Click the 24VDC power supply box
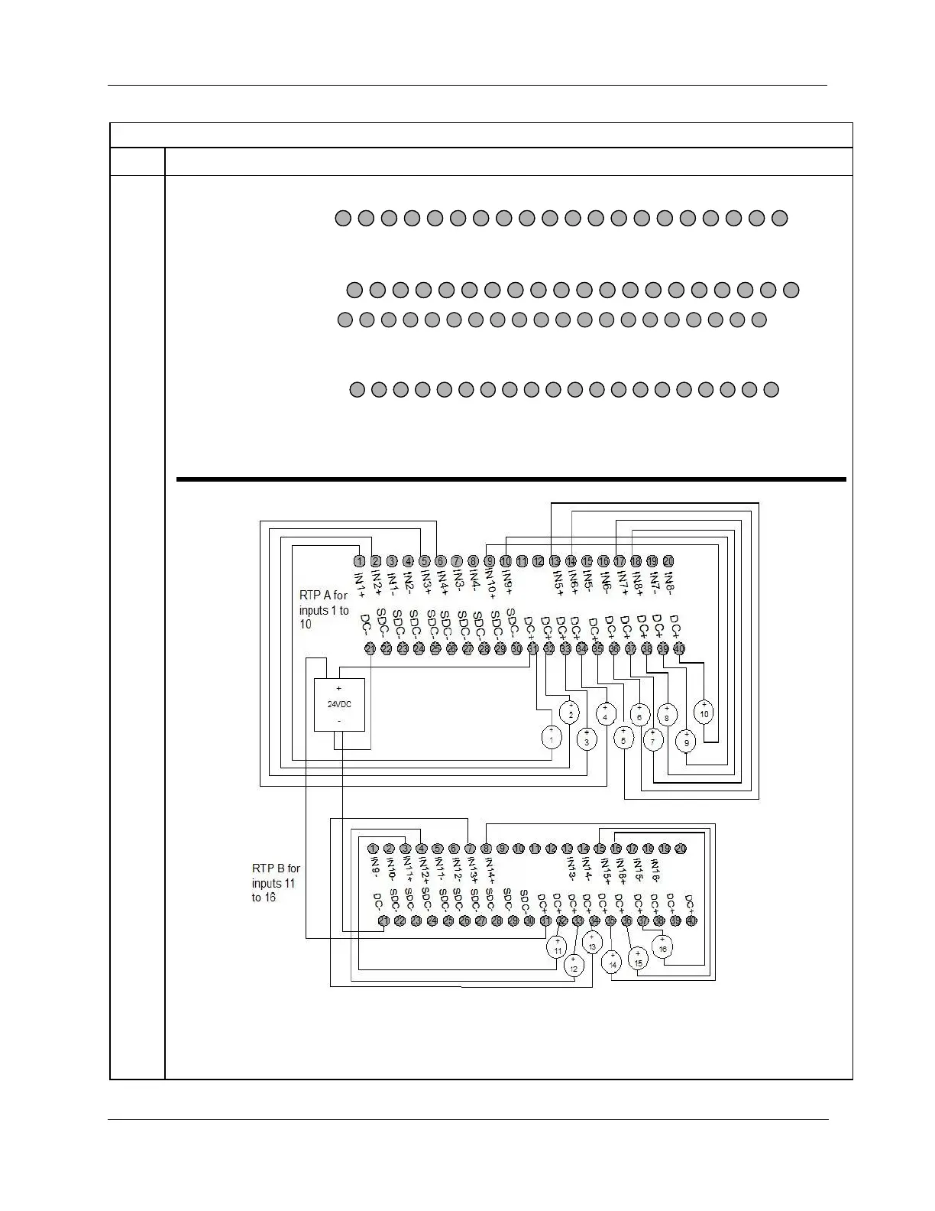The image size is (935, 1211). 340,704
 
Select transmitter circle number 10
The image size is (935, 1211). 704,713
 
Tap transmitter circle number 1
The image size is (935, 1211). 552,737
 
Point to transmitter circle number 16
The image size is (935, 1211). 663,948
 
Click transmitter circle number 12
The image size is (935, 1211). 573,967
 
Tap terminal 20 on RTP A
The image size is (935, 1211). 668,561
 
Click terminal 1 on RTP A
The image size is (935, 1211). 359,561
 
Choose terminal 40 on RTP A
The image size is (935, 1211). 679,649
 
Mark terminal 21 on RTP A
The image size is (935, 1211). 370,649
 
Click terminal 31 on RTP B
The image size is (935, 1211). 545,921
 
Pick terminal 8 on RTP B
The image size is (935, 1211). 486,849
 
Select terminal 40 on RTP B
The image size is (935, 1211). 691,921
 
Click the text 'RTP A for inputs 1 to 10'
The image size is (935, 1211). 324,609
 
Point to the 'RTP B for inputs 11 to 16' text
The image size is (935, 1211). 276,883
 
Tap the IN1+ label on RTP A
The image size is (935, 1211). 360,583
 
